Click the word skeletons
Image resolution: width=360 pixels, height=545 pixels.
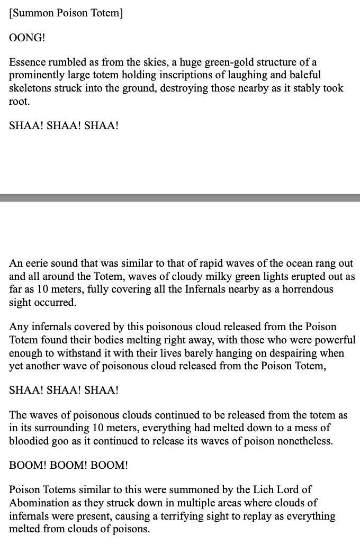30,88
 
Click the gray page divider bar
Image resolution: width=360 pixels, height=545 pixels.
180,198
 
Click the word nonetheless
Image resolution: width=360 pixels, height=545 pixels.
307,441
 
